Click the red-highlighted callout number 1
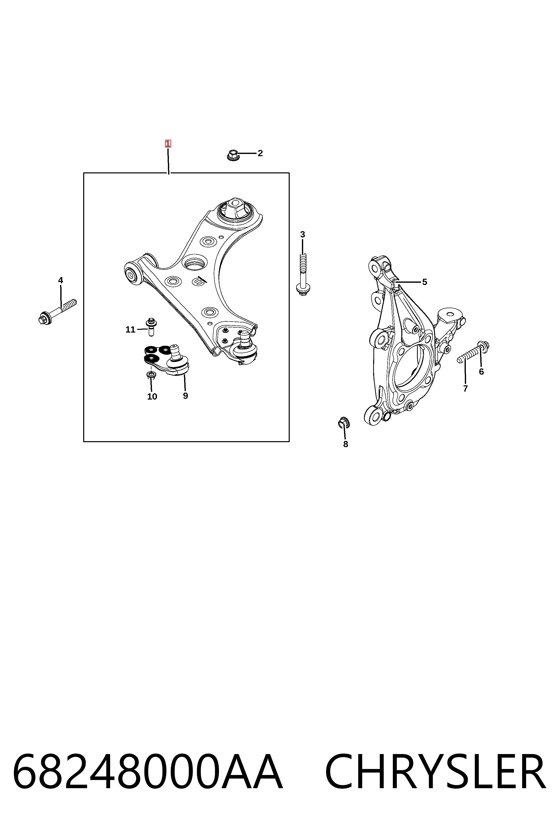[168, 144]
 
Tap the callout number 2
[260, 153]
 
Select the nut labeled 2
[232, 155]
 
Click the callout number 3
[302, 234]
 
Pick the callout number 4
[61, 280]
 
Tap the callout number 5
[424, 282]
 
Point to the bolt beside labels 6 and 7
[473, 351]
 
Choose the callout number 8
[346, 444]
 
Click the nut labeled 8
[344, 422]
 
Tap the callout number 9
[185, 396]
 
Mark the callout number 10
[152, 397]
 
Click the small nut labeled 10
[151, 375]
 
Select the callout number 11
[130, 330]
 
